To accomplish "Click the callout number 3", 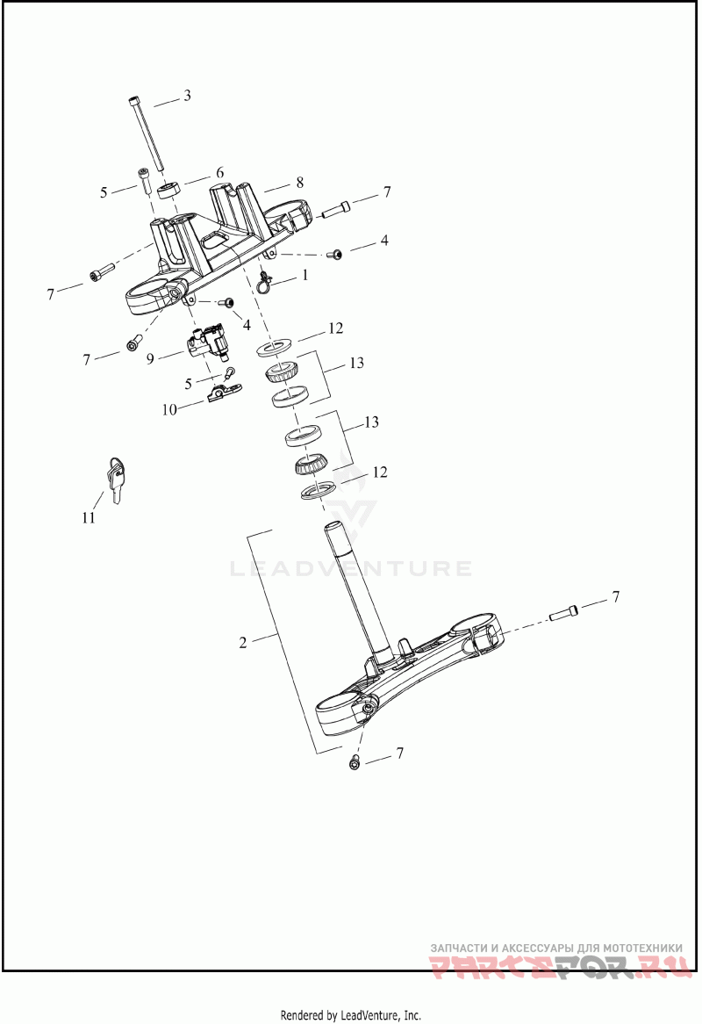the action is pyautogui.click(x=187, y=96).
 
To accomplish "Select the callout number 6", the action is pyautogui.click(x=220, y=172).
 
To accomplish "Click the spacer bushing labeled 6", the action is pyautogui.click(x=169, y=191).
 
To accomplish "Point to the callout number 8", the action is pyautogui.click(x=299, y=182).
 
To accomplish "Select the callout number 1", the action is pyautogui.click(x=304, y=276).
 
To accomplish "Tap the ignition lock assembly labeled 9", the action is pyautogui.click(x=209, y=341).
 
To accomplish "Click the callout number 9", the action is pyautogui.click(x=151, y=358).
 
